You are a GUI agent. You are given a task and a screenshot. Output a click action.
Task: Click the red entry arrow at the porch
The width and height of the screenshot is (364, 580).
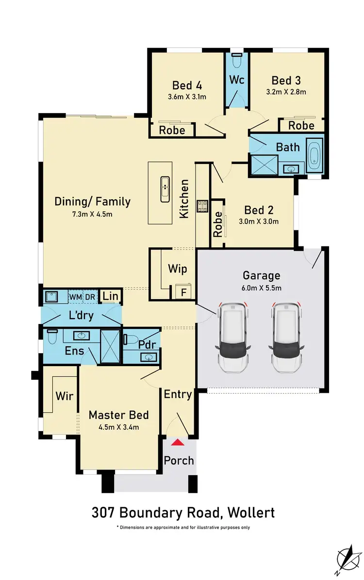pyautogui.click(x=179, y=442)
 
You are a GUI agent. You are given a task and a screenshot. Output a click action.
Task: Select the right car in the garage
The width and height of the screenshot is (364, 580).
pyautogui.click(x=286, y=338)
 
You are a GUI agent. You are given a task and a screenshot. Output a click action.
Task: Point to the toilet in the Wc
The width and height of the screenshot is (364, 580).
pyautogui.click(x=236, y=61)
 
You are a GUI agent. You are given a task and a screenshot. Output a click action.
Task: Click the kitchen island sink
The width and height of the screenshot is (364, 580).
pyautogui.click(x=165, y=189)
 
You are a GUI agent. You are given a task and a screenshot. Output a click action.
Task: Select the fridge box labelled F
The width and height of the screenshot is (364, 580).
pyautogui.click(x=183, y=293)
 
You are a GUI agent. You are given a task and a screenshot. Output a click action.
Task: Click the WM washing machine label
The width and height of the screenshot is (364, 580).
pyautogui.click(x=75, y=297)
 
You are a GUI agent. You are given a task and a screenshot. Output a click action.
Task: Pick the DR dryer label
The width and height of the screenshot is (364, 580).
pyautogui.click(x=90, y=297)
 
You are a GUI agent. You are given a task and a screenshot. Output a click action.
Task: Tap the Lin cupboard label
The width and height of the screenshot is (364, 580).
pyautogui.click(x=110, y=296)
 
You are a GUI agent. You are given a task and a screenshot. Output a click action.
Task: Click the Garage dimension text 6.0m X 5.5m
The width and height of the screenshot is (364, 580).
pyautogui.click(x=261, y=288)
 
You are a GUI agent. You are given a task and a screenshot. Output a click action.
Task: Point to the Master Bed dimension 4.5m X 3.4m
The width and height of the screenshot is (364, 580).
pyautogui.click(x=118, y=427)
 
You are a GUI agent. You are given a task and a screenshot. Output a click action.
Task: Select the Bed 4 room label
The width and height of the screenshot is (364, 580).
pyautogui.click(x=187, y=85)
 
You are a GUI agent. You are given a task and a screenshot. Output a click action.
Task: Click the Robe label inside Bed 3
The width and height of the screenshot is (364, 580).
pyautogui.click(x=301, y=125)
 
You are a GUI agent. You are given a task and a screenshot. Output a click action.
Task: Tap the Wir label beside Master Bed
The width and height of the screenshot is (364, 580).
pyautogui.click(x=64, y=396)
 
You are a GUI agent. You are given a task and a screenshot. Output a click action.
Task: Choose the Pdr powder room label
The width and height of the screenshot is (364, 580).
pyautogui.click(x=147, y=344)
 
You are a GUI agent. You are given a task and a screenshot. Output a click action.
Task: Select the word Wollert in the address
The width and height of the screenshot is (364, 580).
pyautogui.click(x=248, y=512)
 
